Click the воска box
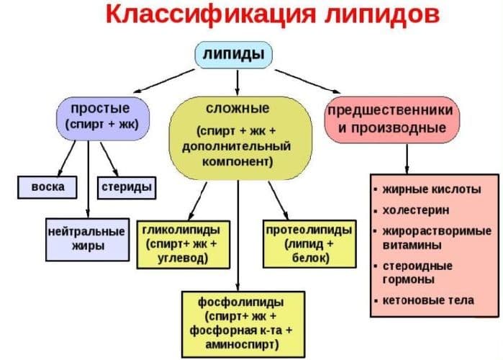tap(49, 187)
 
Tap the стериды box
tap(127, 187)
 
